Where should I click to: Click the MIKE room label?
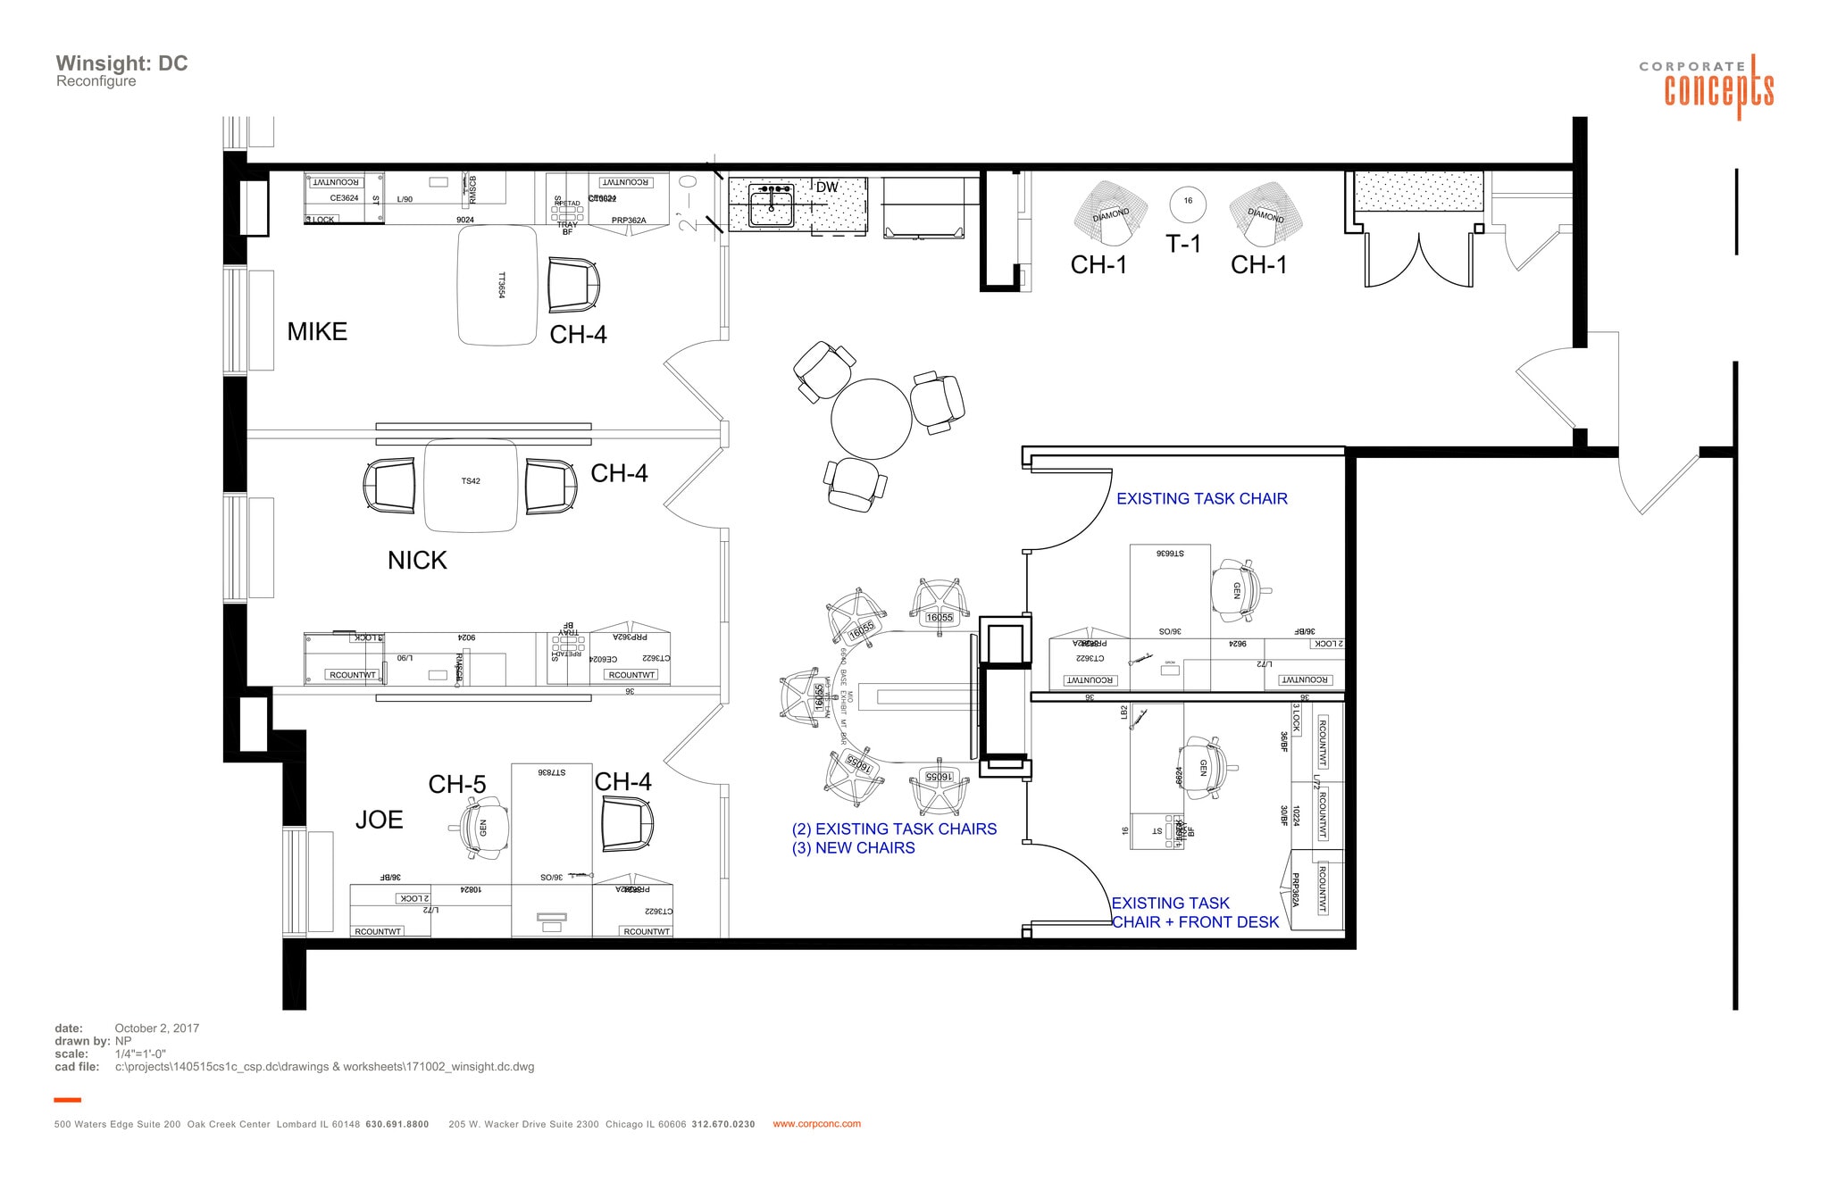coord(316,332)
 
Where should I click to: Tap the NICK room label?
coord(416,561)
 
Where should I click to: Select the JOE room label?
coord(379,820)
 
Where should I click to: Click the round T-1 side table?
coord(1187,202)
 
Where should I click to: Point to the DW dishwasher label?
coord(827,187)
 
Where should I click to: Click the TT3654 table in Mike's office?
coord(498,286)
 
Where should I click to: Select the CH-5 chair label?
coord(456,785)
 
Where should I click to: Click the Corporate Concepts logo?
coord(1706,87)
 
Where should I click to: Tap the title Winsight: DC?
coord(121,63)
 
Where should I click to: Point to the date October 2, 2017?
coord(156,1029)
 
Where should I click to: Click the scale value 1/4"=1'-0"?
coord(140,1054)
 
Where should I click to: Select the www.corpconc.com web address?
coord(816,1124)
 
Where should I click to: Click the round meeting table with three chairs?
coord(871,419)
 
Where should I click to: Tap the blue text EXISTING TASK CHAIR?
coord(1201,499)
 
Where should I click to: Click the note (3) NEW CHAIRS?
coord(853,848)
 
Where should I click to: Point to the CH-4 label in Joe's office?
coord(622,782)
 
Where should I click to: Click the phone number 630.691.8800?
coord(397,1124)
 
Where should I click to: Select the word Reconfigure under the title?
coord(96,81)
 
